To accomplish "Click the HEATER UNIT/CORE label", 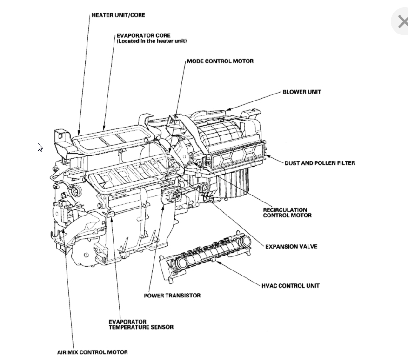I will click(x=118, y=15).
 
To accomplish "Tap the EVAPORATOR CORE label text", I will click(x=143, y=35).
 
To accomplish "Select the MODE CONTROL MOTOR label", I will click(x=220, y=61).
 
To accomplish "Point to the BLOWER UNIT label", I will click(x=301, y=92).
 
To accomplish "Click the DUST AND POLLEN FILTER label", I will click(x=320, y=163).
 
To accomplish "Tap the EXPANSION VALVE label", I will click(x=291, y=246).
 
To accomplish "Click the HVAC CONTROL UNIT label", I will click(x=290, y=285).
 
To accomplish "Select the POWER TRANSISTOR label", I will click(x=172, y=295).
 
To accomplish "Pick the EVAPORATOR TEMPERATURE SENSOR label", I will click(x=141, y=324).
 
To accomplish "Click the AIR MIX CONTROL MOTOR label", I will click(x=92, y=352).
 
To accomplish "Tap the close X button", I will click(x=401, y=21).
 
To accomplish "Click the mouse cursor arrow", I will click(x=40, y=147).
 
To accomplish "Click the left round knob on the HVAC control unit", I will click(x=179, y=263).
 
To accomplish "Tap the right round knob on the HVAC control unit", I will click(x=244, y=241).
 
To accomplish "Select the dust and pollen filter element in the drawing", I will click(x=237, y=155).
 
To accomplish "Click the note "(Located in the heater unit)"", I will click(x=152, y=41).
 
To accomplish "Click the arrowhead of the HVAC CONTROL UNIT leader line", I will click(x=218, y=262).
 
